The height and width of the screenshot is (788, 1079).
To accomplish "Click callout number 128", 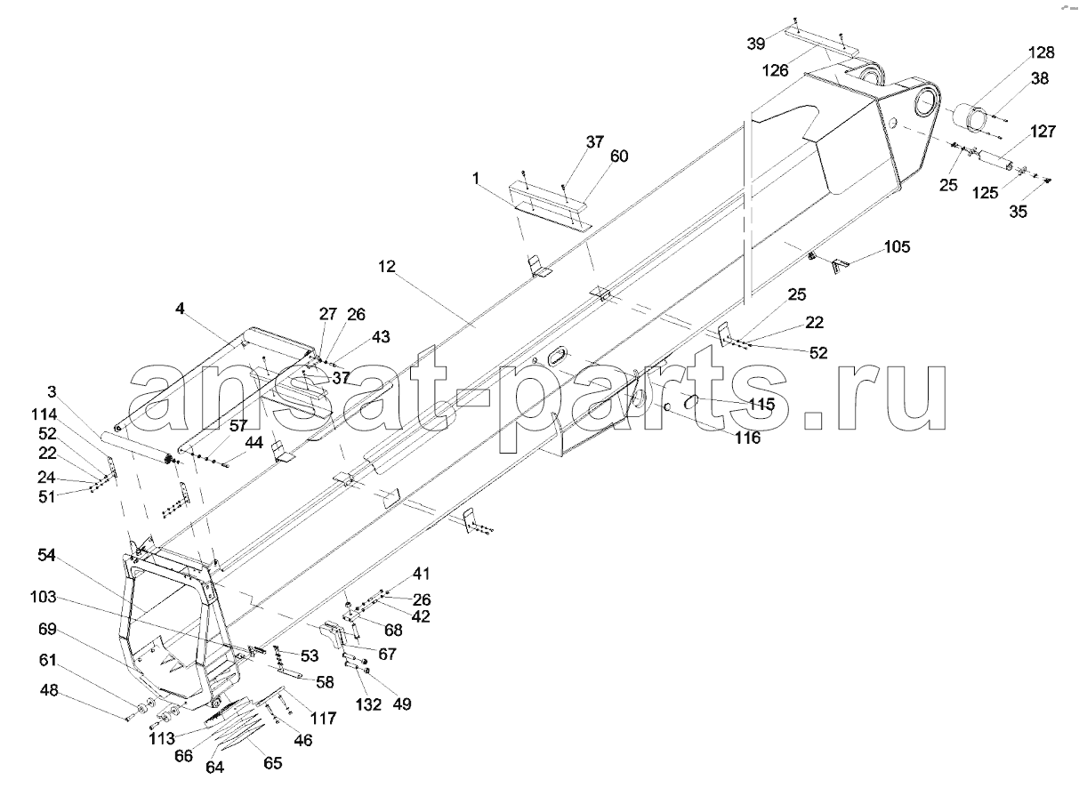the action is (1042, 52).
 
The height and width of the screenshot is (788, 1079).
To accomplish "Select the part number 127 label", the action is (1043, 132).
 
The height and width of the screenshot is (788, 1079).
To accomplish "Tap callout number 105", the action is (897, 247).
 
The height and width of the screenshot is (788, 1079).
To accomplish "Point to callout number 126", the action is (775, 71).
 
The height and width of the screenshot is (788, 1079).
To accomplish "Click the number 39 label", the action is (756, 44).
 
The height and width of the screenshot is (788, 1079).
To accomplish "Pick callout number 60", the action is (619, 157).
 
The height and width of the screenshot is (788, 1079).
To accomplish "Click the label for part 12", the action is (386, 266).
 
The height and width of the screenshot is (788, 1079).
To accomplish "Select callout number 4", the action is (180, 309).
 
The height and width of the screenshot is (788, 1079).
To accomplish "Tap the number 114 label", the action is (44, 414).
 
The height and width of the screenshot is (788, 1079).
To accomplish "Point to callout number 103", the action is (44, 598).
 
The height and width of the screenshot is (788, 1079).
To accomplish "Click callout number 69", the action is (47, 630).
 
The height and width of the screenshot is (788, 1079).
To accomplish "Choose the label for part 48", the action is (49, 691).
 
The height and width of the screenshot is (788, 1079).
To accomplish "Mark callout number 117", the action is (323, 719).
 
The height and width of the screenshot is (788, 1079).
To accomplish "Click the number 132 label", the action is (368, 704).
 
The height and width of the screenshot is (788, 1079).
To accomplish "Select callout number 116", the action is (747, 438).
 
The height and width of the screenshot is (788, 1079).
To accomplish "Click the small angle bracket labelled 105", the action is (839, 266).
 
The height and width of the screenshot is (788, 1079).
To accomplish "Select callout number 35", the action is (1018, 212).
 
